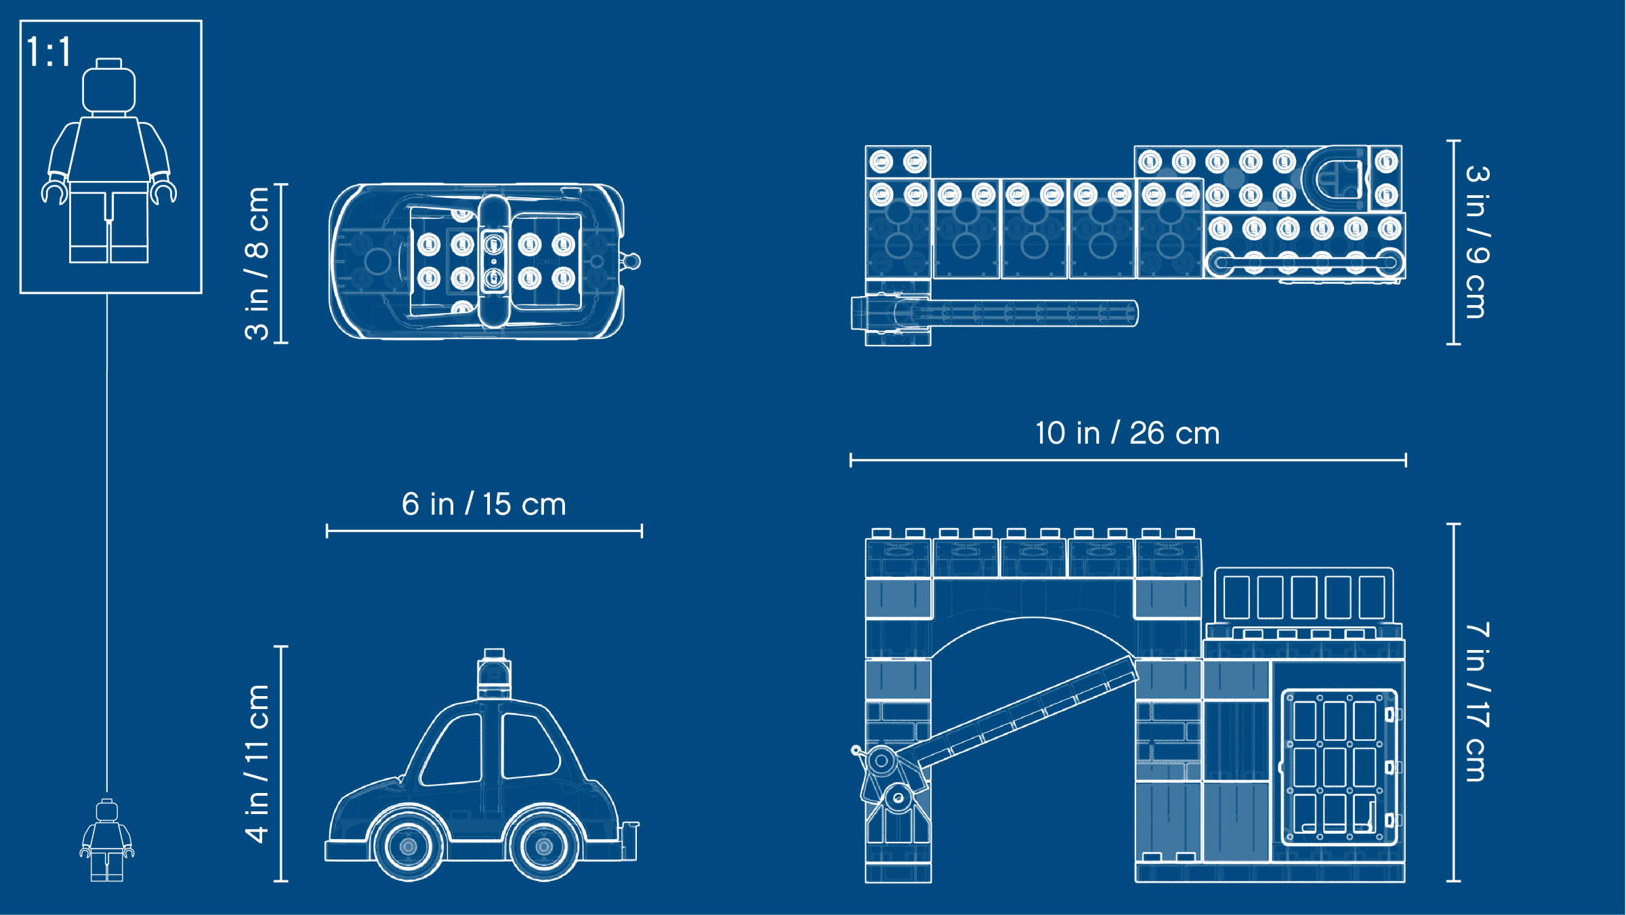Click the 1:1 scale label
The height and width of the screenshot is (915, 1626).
tap(49, 52)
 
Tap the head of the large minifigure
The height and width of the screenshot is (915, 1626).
tap(108, 86)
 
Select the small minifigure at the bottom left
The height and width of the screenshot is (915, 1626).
tap(107, 840)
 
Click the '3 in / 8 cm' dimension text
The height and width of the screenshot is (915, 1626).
tap(257, 263)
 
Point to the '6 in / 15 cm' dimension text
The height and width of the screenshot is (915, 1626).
tap(484, 504)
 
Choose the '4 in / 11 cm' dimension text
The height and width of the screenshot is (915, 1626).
tap(257, 764)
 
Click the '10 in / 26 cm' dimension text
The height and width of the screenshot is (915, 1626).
tap(1127, 433)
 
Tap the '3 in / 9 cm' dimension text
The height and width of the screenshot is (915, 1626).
tap(1477, 242)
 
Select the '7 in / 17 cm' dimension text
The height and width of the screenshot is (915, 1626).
tap(1477, 702)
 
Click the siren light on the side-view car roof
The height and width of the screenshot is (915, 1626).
tap(494, 674)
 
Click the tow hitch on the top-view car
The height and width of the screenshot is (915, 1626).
tap(631, 261)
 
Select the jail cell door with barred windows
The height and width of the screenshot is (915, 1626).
tap(1339, 767)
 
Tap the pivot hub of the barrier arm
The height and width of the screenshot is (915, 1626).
tap(881, 761)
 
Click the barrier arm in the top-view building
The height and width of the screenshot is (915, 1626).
tap(995, 314)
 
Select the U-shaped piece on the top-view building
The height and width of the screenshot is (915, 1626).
tap(1335, 178)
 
